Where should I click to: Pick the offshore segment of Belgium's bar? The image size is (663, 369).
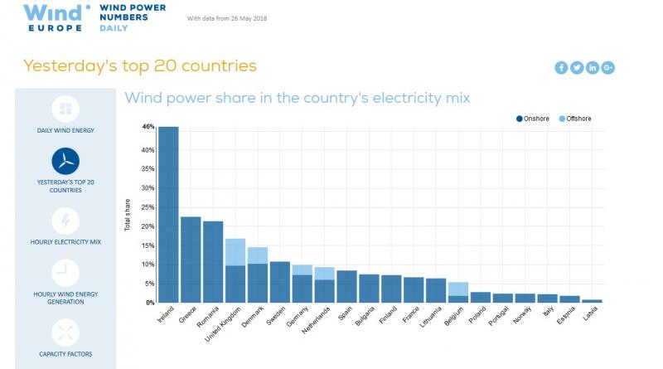(x=458, y=289)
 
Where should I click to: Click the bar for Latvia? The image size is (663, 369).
(x=593, y=301)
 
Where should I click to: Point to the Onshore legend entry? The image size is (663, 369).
(x=532, y=119)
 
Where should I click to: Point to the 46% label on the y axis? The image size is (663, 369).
(x=148, y=127)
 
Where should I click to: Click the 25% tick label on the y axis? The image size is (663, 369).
(x=148, y=206)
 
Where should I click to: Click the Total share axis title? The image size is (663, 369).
(x=127, y=213)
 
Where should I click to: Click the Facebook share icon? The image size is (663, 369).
(x=561, y=68)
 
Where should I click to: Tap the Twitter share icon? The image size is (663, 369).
(x=577, y=68)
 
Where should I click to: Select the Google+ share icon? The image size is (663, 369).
(x=608, y=68)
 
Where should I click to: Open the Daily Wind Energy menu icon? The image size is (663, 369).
(x=65, y=109)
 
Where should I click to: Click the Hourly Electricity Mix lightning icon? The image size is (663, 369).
(x=65, y=221)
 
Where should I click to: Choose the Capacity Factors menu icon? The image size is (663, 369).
(x=65, y=333)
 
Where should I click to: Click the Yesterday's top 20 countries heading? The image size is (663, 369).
(x=139, y=66)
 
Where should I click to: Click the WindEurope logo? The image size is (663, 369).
(x=54, y=16)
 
